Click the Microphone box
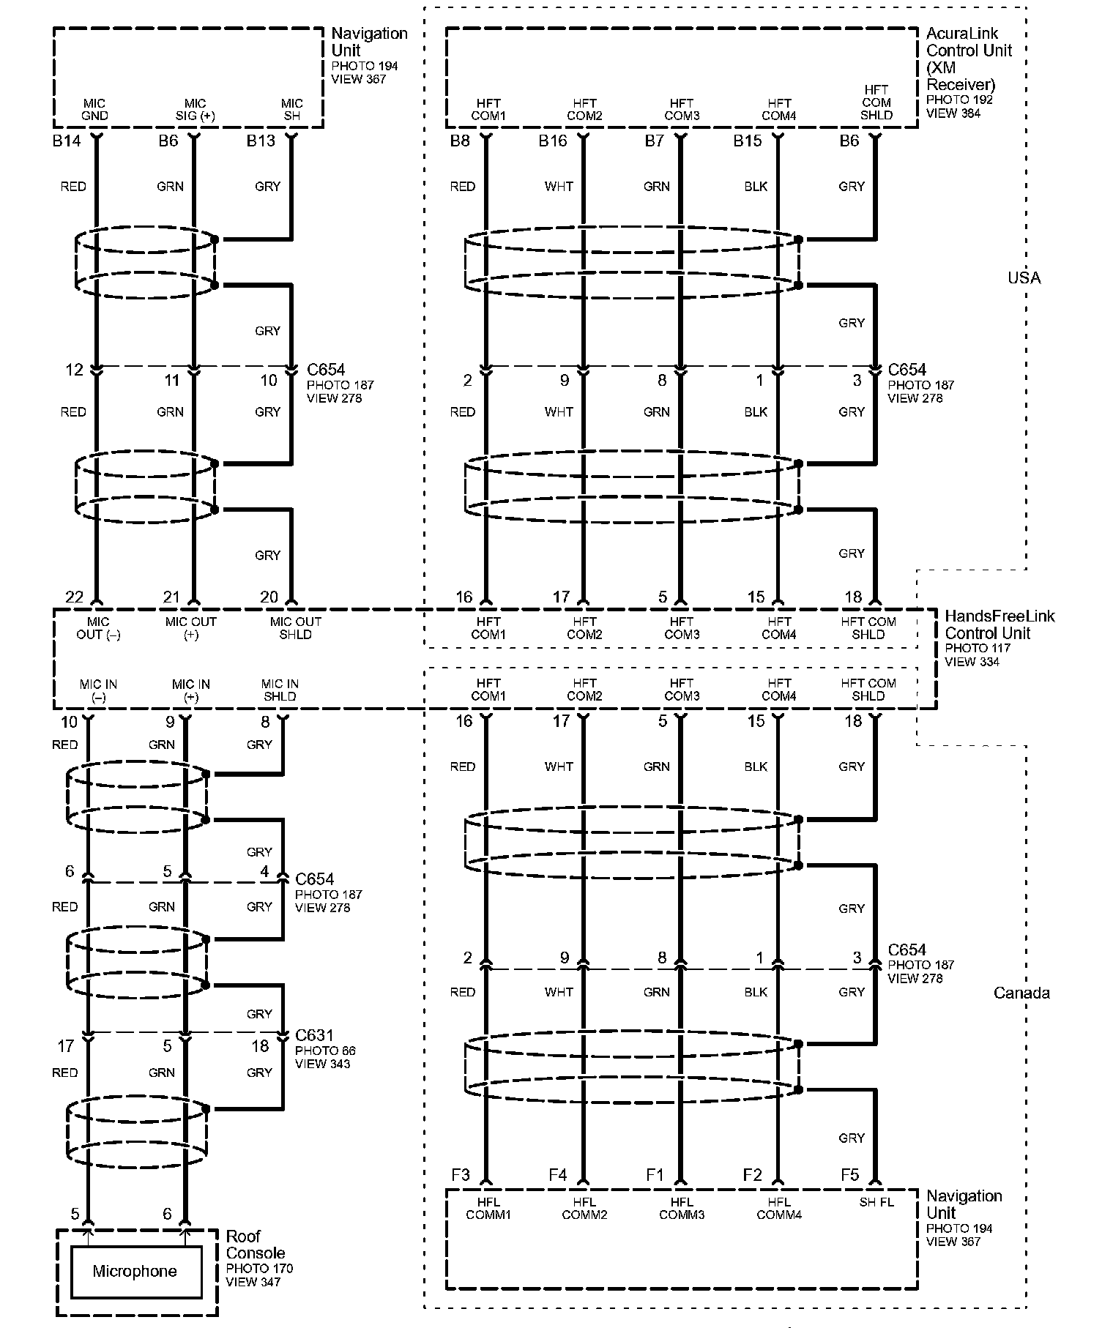coord(135,1272)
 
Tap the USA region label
coord(1024,277)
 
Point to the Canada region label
coord(1021,993)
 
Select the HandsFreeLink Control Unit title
coord(999,624)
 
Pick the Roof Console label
coord(255,1245)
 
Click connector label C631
coord(314,1035)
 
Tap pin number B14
coord(67,141)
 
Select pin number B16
coord(553,141)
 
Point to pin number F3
coord(460,1175)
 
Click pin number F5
coord(849,1175)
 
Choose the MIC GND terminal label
coord(94,110)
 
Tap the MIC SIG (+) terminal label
coord(195,110)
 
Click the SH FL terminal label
coord(876,1202)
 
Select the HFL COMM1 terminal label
coord(488,1208)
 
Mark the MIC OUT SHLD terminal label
coord(296,628)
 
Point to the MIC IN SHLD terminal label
coord(280,690)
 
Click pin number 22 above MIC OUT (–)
coord(75,597)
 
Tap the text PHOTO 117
coord(977,648)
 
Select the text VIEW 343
coord(322,1063)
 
